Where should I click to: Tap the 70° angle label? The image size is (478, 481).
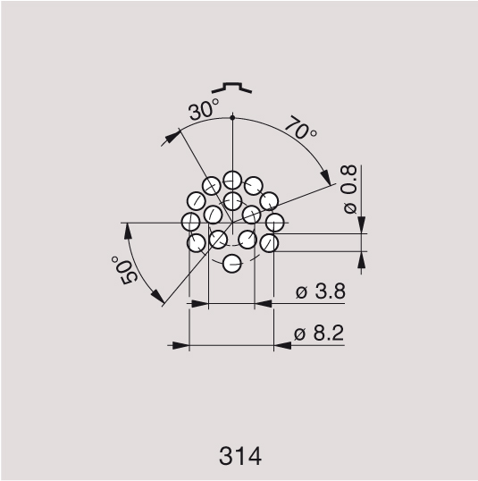(301, 128)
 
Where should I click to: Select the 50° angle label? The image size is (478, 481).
(124, 271)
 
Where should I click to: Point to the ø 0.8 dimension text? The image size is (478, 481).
(349, 190)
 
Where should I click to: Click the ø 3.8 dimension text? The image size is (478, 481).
(321, 291)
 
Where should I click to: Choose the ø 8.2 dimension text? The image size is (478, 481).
(319, 333)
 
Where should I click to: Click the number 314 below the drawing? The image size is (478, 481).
(240, 456)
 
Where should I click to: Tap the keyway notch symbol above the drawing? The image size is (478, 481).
(231, 88)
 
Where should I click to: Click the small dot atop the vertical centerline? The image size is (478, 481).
(232, 117)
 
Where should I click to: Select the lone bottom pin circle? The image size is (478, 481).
(232, 264)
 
